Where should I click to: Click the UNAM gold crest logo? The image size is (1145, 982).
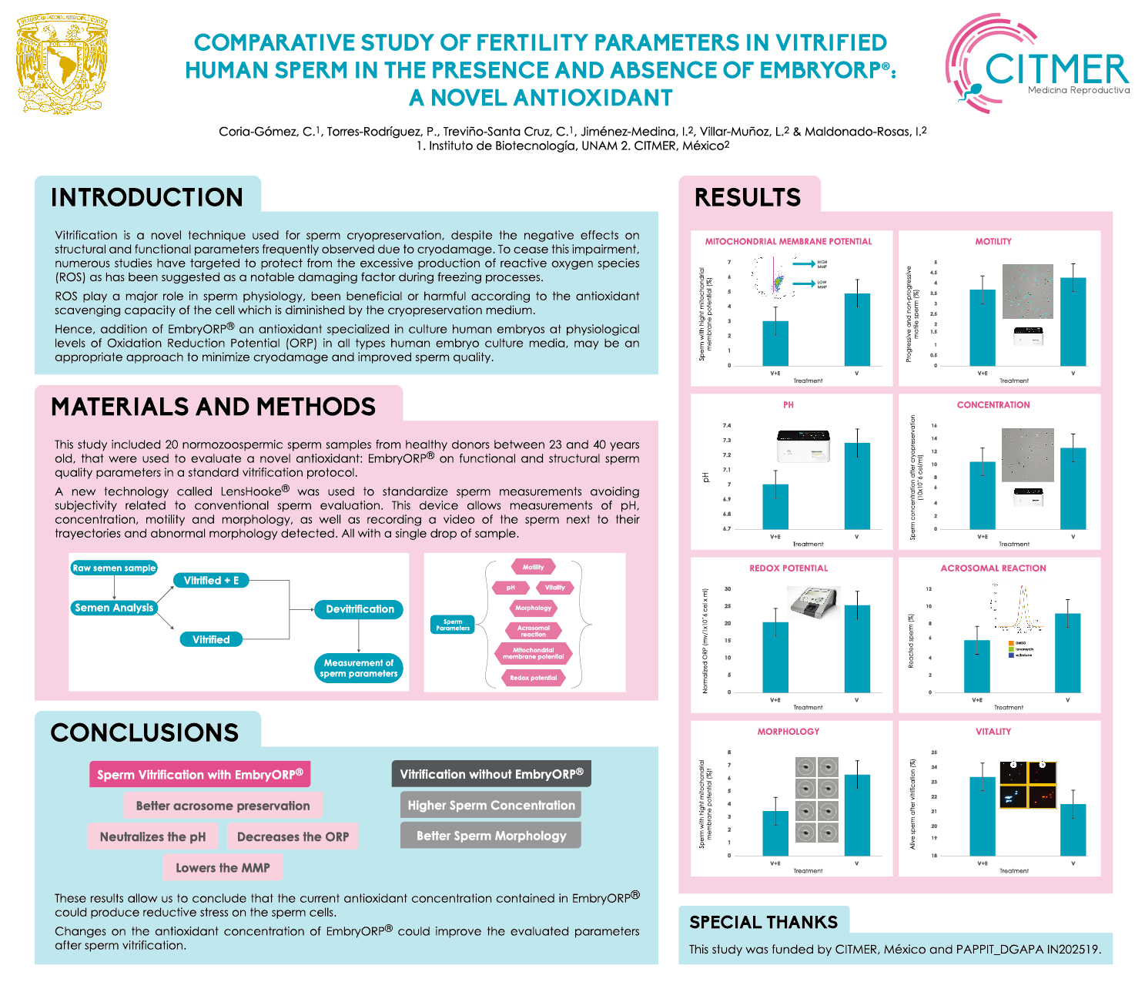62,64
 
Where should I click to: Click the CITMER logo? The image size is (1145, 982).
1036,64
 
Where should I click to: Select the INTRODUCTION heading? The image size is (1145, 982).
147,197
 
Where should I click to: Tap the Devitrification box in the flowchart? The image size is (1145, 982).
360,609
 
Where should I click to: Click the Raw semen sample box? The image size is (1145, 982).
114,568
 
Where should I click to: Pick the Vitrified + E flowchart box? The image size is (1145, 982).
211,581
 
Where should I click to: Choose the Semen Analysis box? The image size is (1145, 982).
114,608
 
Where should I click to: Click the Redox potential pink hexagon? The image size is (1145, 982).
533,678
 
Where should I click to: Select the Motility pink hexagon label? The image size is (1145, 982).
533,567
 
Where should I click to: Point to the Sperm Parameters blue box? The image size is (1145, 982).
453,625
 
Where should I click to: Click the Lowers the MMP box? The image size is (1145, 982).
223,868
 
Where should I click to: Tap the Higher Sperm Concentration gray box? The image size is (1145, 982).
491,806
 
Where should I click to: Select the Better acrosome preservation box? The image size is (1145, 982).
223,806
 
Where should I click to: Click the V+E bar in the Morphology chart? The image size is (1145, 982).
775,833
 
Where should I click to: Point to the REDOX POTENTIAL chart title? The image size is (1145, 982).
788,568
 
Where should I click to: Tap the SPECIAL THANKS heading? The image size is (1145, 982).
763,922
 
